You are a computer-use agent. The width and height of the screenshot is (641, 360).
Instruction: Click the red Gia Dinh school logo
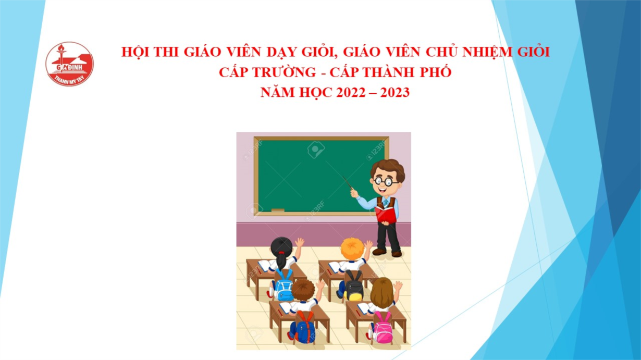point(69,64)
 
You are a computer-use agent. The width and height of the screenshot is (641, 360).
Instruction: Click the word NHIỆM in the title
point(488,52)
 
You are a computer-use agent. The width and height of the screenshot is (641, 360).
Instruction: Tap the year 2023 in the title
point(395,92)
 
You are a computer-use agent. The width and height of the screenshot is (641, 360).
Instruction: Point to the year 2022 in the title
point(351,92)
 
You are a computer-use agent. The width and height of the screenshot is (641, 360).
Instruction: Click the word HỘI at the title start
point(135,52)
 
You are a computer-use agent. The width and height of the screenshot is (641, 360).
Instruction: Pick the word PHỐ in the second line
point(436,71)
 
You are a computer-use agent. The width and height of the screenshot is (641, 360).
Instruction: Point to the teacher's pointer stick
point(348,183)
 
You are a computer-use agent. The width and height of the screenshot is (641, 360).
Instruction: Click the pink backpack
point(383,328)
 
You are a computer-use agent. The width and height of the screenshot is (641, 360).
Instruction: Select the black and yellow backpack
point(354,285)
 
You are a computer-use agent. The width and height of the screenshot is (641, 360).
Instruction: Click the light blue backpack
point(283,285)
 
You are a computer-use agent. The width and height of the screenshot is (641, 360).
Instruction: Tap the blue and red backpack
point(305,327)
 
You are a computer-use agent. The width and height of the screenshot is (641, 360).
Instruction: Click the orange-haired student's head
point(352,249)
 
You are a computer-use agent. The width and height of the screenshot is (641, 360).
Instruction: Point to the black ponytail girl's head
point(281,248)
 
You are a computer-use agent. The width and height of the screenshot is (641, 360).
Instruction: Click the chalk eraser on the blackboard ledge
point(278,210)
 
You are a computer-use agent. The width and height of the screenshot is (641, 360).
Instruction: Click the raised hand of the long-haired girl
point(398,285)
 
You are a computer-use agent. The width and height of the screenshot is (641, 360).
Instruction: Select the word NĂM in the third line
point(277,92)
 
